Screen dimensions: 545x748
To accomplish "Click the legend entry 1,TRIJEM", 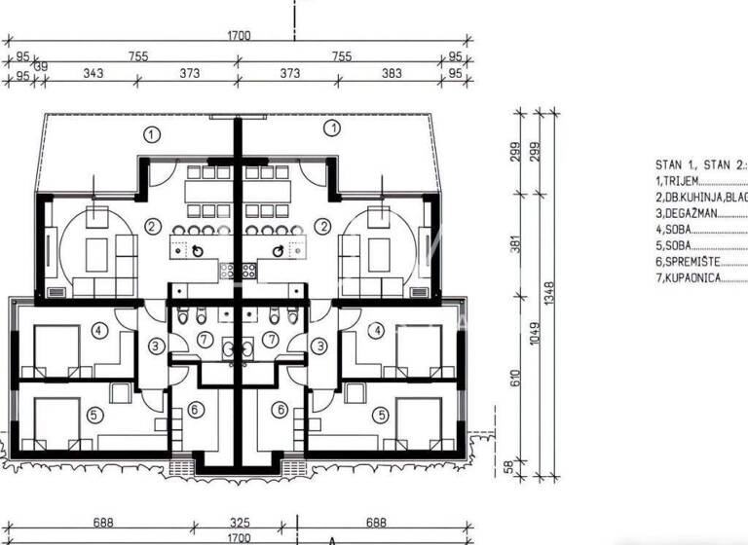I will point(681,180).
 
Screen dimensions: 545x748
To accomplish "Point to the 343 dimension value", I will point(93,74).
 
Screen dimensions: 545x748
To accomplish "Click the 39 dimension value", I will point(40,67).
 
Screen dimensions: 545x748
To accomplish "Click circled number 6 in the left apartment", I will point(195,411).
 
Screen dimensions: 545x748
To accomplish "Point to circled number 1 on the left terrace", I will point(151,133).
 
